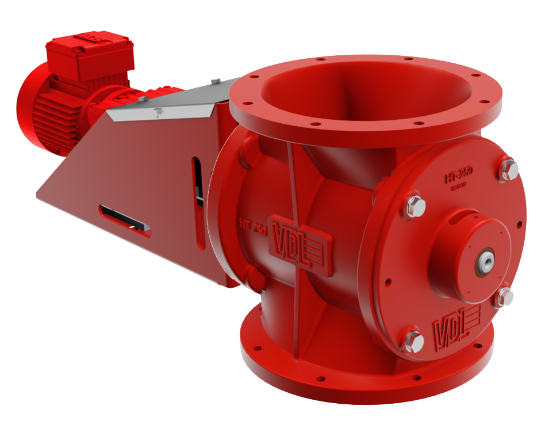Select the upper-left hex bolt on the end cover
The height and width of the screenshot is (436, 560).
pyautogui.click(x=416, y=206)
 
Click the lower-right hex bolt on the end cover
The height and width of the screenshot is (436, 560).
pyautogui.click(x=505, y=296)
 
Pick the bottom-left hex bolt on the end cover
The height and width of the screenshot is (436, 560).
pyautogui.click(x=413, y=341)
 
